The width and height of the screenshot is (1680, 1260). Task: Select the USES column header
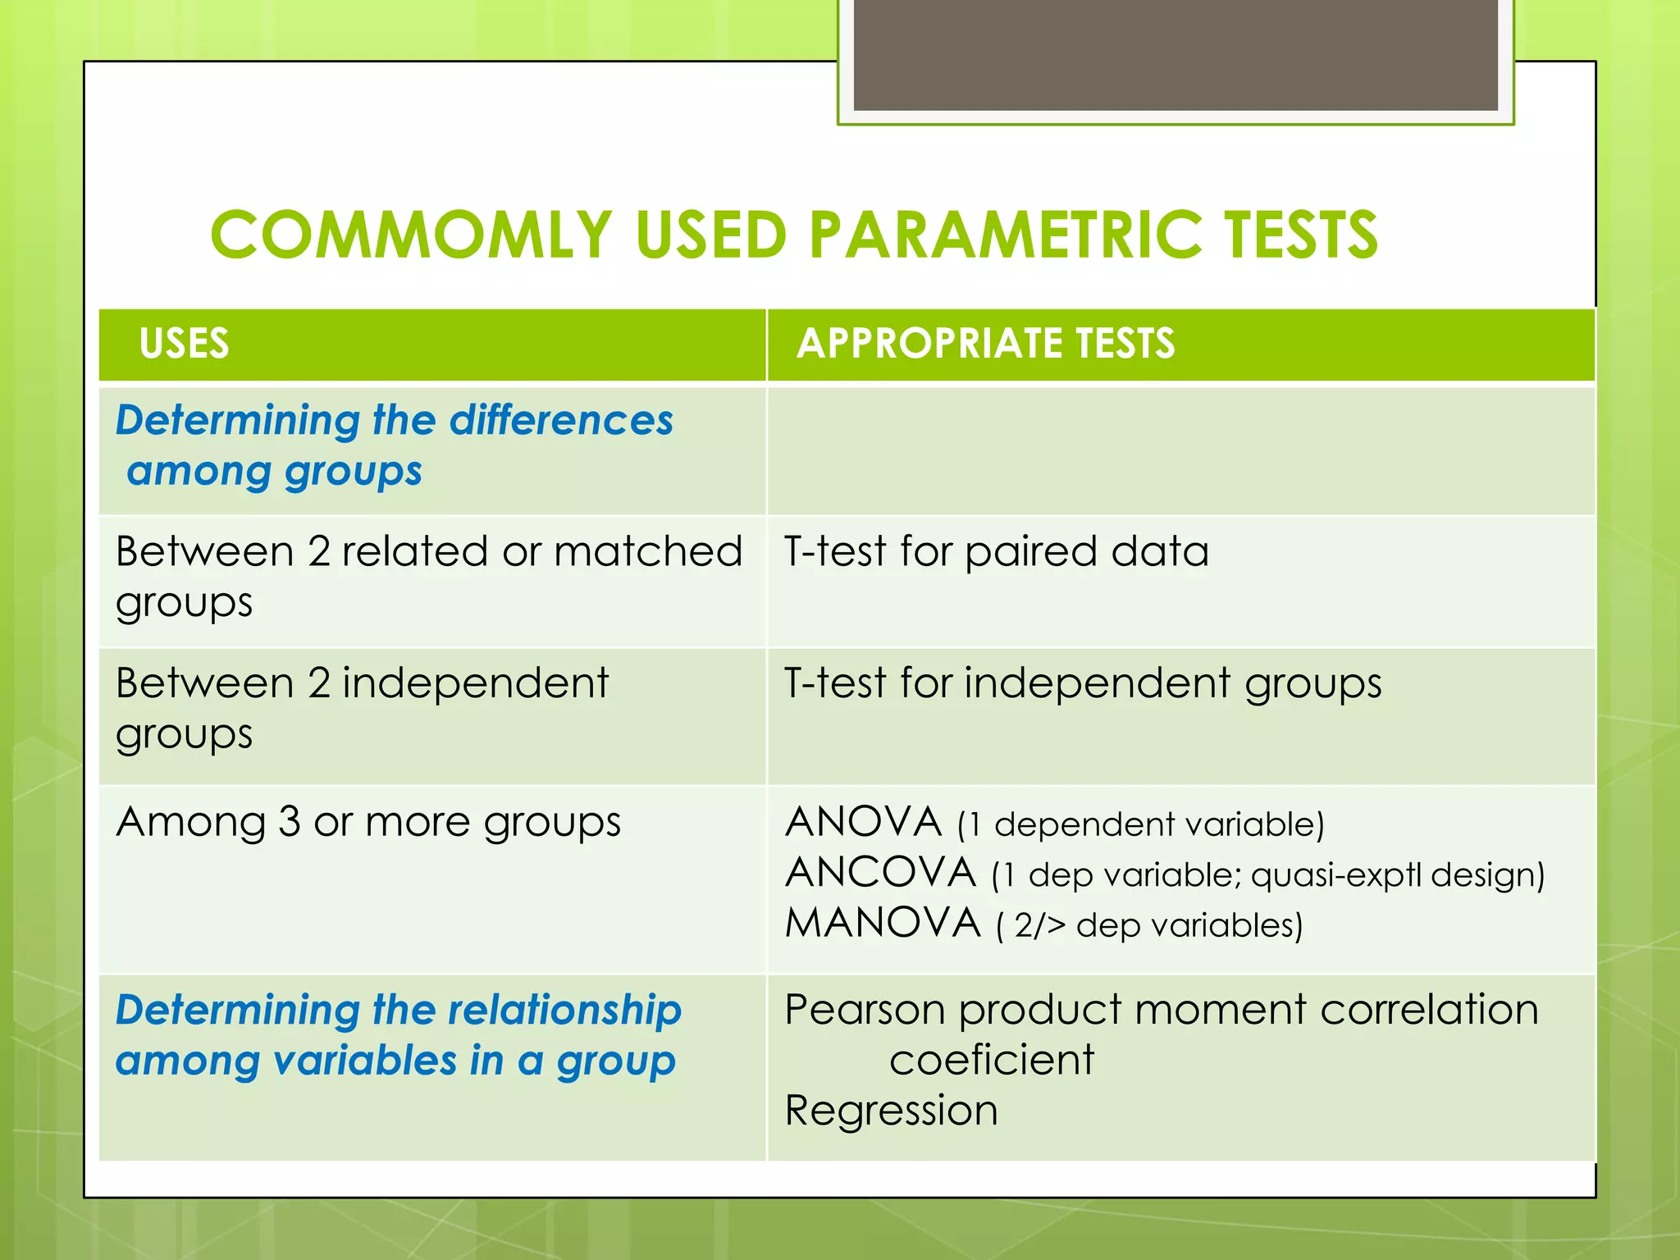point(185,343)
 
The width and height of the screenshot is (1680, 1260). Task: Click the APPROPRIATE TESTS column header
point(985,343)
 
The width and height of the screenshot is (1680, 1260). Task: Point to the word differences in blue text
point(561,420)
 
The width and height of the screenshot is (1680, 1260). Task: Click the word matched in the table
point(648,551)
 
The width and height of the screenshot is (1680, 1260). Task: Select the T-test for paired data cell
point(996,551)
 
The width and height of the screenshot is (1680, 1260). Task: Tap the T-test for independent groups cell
point(1083,683)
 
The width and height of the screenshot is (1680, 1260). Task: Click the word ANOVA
point(864,822)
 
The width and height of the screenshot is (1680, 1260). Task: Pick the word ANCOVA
point(880,873)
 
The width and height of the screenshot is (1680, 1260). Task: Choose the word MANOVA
point(883,923)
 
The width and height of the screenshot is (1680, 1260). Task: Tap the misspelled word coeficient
point(991,1060)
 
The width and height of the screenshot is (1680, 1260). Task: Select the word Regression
point(891,1111)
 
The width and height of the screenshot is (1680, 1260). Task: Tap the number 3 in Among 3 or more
point(289,822)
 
